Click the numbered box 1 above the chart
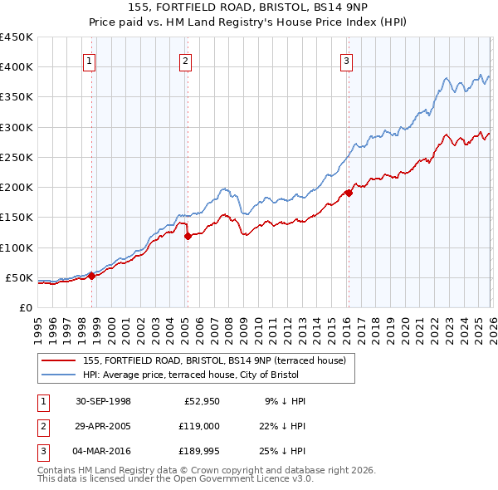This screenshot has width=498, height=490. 89,60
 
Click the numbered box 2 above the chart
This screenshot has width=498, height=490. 185,60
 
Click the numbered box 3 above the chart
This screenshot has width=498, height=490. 345,60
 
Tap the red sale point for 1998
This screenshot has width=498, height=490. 91,276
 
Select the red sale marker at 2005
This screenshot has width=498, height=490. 188,236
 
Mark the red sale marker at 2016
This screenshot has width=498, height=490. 349,194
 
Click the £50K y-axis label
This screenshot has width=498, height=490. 19,277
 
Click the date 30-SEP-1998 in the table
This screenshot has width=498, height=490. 103,401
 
